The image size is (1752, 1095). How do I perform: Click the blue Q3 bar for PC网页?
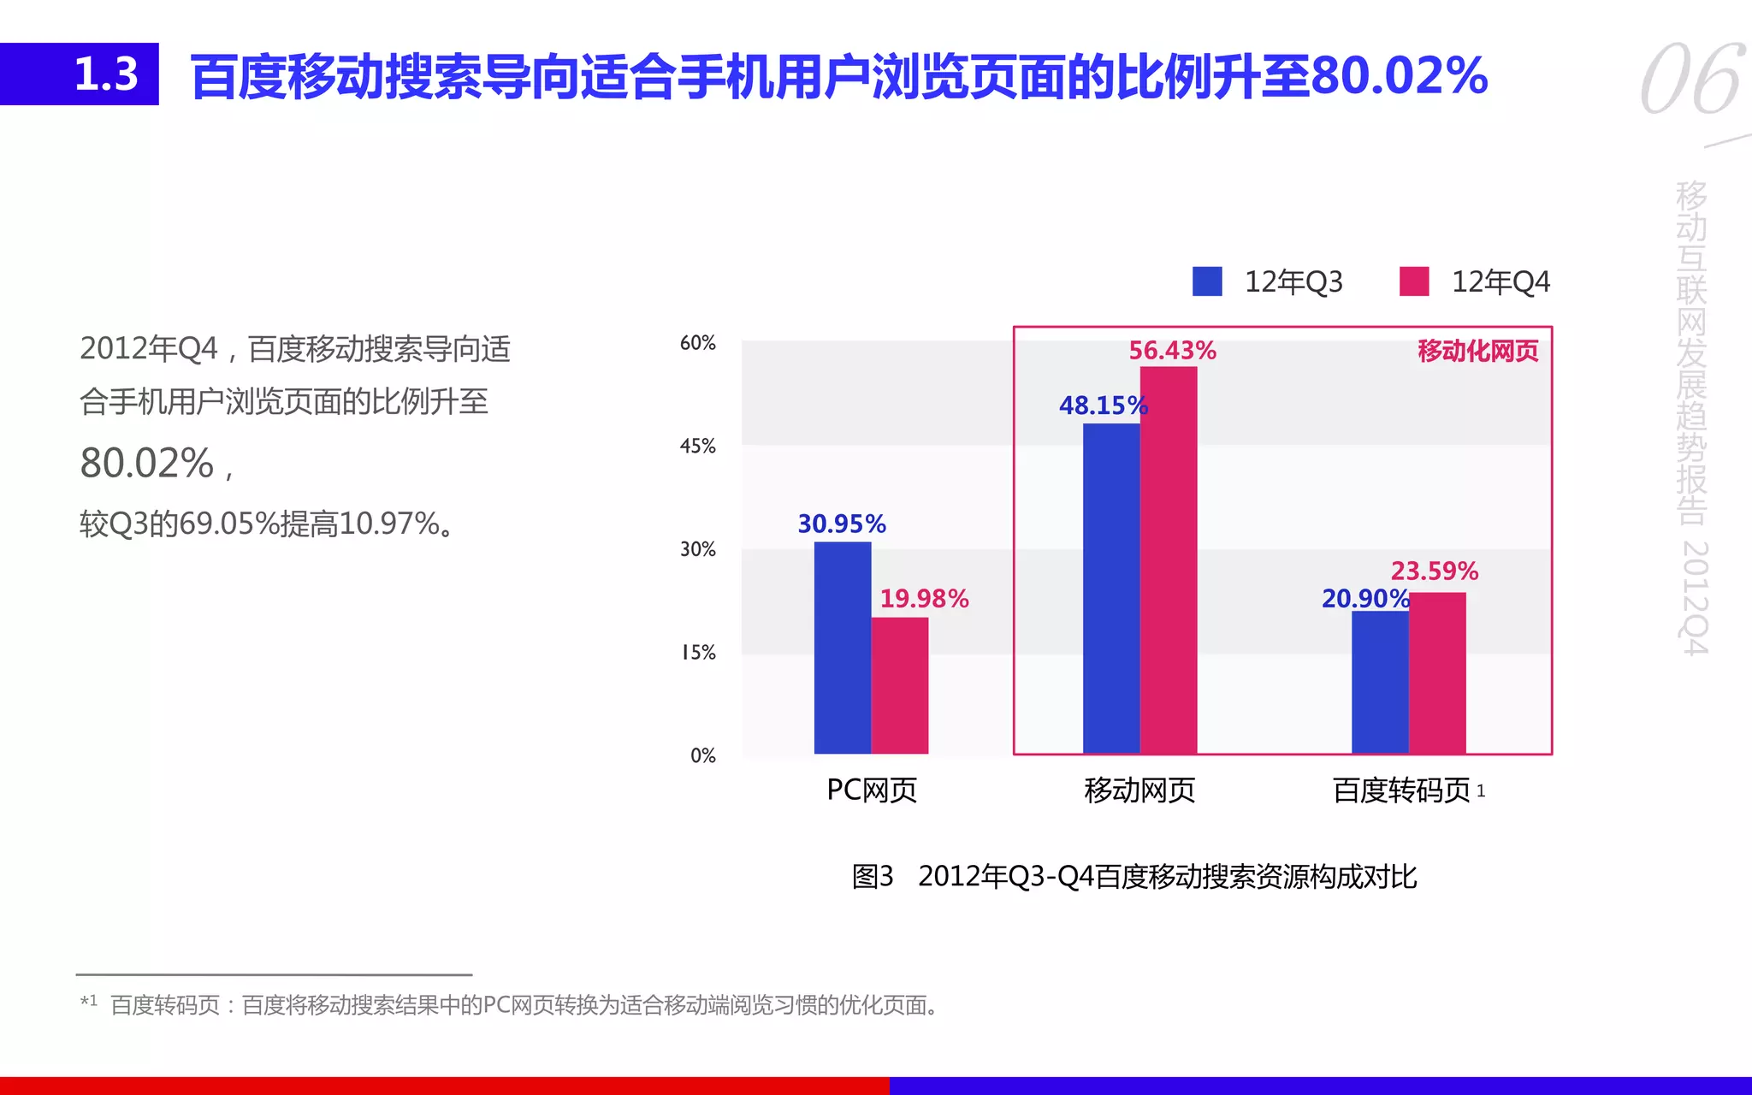tap(842, 648)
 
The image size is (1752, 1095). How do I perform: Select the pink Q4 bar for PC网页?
tap(899, 685)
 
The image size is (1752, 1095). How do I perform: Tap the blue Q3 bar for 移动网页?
tap(1110, 589)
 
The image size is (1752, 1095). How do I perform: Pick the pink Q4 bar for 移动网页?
tap(1168, 560)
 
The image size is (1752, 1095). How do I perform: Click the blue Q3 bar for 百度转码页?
tap(1379, 682)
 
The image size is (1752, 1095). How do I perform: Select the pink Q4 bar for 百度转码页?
tap(1437, 672)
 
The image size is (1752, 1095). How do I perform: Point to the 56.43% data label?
tap(1172, 351)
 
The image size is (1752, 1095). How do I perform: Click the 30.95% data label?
tap(842, 524)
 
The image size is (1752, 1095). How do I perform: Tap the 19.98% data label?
tap(924, 599)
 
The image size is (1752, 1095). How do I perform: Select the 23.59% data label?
tap(1435, 571)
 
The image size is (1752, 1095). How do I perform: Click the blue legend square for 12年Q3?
tap(1207, 281)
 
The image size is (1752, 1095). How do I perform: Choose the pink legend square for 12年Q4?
tap(1414, 281)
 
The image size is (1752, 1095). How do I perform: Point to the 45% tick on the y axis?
tap(697, 446)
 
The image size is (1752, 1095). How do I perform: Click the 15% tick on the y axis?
tap(697, 653)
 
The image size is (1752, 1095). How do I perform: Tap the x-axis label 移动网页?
tap(1139, 790)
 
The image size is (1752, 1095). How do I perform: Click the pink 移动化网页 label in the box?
tap(1477, 351)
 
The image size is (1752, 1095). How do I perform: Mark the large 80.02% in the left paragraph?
tap(147, 463)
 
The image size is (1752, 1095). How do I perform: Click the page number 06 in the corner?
tap(1691, 80)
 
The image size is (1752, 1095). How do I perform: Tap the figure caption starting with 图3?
tap(1133, 877)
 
